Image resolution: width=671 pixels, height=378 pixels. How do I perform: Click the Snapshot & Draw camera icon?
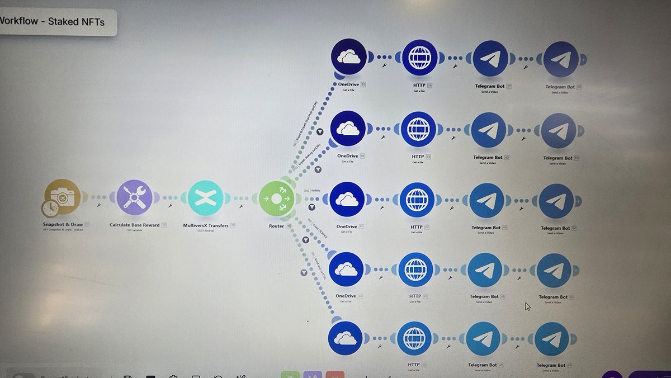click(63, 197)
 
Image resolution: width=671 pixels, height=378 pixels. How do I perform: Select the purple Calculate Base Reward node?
click(134, 198)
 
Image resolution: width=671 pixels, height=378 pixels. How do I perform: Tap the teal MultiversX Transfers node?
click(206, 199)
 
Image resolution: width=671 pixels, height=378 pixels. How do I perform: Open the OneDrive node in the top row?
click(349, 56)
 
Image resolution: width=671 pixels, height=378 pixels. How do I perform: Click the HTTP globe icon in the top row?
click(419, 58)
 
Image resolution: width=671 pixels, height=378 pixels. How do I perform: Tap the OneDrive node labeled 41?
click(347, 200)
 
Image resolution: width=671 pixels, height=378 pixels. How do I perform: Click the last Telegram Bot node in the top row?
click(560, 59)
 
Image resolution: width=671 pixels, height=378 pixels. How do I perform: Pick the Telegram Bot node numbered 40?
click(489, 130)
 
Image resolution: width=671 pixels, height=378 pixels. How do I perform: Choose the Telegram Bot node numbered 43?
click(487, 201)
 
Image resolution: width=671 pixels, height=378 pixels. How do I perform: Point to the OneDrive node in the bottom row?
click(346, 338)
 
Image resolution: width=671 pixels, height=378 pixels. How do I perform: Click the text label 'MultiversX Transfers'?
click(206, 226)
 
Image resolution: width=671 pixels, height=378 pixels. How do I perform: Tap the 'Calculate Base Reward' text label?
click(135, 225)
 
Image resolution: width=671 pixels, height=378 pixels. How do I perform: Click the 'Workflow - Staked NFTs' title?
click(53, 22)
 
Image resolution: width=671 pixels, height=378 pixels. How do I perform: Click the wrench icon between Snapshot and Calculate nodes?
click(98, 205)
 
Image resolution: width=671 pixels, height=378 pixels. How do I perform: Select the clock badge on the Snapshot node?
click(49, 209)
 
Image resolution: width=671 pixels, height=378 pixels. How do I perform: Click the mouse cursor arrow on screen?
click(527, 306)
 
